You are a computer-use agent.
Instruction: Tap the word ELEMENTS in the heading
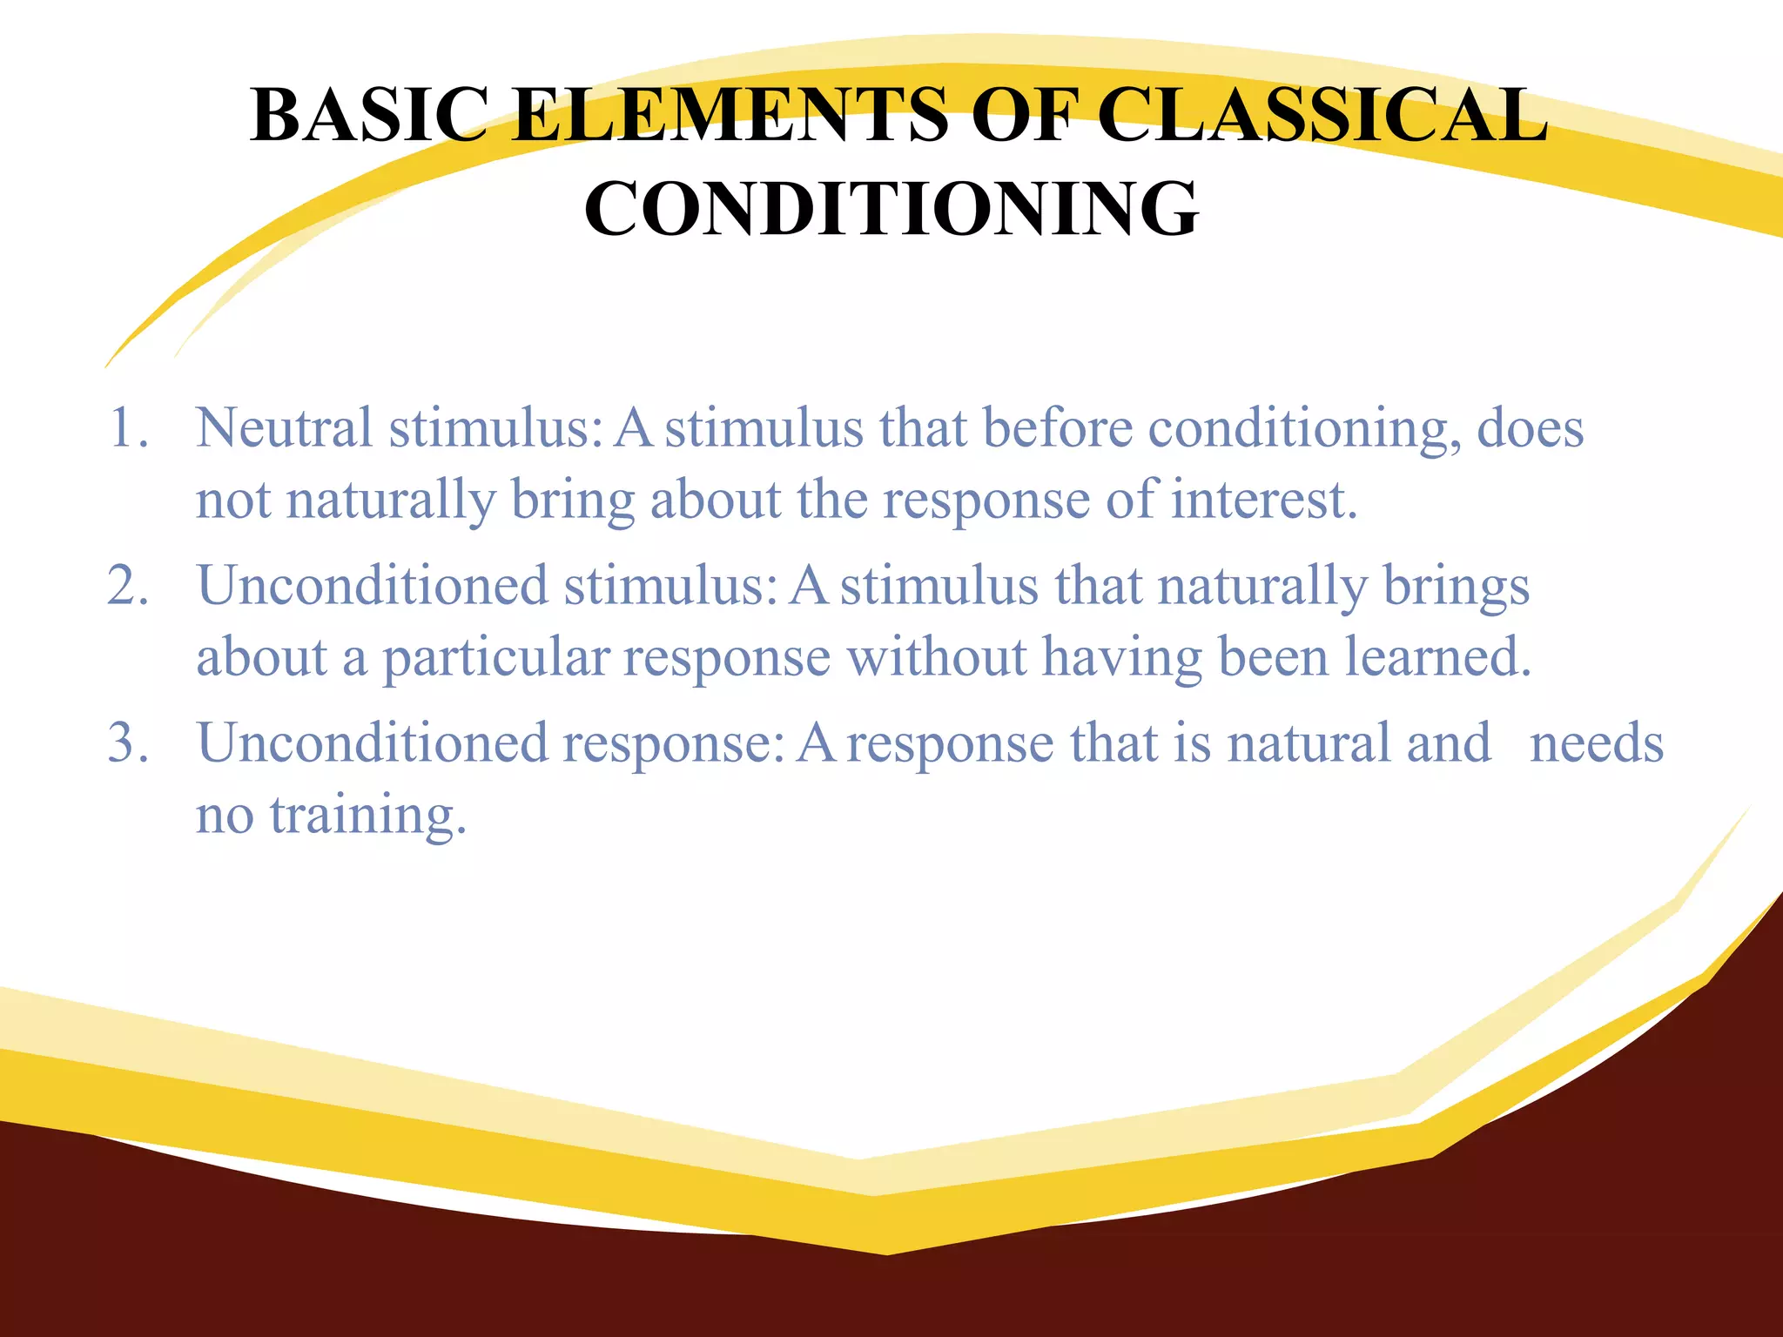[x=729, y=115]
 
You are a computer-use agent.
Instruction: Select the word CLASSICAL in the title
[x=1322, y=115]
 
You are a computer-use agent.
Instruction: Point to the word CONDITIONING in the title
[x=891, y=209]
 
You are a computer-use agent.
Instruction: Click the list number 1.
[x=127, y=428]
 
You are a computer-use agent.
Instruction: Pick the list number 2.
[x=127, y=585]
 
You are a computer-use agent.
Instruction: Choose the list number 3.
[x=127, y=743]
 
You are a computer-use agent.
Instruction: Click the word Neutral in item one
[x=284, y=428]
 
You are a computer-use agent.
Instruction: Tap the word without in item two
[x=937, y=657]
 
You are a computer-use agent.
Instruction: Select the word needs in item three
[x=1597, y=743]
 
